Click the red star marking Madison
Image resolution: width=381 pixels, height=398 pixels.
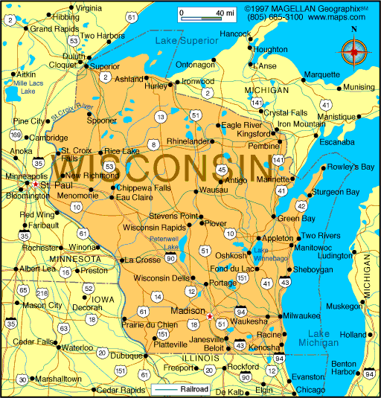pos(210,315)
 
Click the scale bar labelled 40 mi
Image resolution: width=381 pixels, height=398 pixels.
pos(206,13)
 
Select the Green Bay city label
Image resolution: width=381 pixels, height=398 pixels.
pos(296,218)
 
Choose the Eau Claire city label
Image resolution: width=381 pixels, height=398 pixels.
pos(135,197)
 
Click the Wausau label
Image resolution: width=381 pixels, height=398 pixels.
pos(214,190)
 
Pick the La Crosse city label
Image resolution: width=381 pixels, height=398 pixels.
pos(142,260)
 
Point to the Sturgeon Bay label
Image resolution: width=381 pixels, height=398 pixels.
pos(335,192)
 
